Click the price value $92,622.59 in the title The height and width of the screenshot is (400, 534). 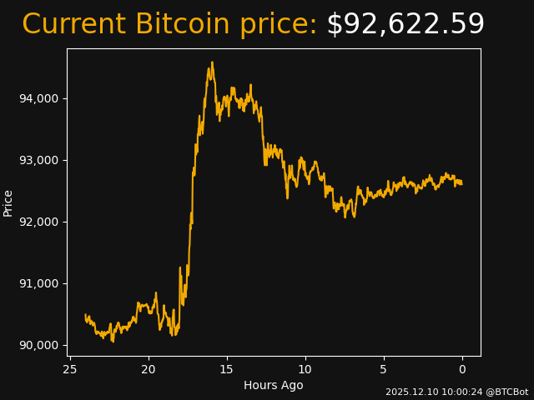[x=405, y=25]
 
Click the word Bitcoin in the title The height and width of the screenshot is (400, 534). [x=182, y=25]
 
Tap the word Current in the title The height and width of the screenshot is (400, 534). [x=73, y=25]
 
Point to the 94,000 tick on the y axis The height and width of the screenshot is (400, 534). [x=38, y=98]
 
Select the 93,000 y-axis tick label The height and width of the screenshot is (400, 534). [x=38, y=160]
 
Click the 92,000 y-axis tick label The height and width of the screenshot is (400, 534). [x=38, y=222]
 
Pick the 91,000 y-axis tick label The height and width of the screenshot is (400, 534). [x=38, y=283]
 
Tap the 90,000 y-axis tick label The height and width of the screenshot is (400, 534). [x=38, y=345]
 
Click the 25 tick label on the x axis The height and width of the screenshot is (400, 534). [x=70, y=369]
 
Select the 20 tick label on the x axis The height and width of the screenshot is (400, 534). [x=149, y=369]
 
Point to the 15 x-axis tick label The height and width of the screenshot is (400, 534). [x=227, y=369]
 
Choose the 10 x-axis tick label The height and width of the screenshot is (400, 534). [x=305, y=369]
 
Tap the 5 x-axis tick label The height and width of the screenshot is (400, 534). [x=384, y=369]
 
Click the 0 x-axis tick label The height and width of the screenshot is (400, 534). [x=462, y=369]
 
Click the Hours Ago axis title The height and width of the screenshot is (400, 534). [x=274, y=385]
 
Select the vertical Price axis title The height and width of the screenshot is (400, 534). [x=8, y=202]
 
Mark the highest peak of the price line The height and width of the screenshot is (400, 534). [x=212, y=62]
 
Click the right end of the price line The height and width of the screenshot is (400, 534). [x=461, y=183]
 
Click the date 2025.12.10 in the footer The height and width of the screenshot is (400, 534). [x=409, y=392]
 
